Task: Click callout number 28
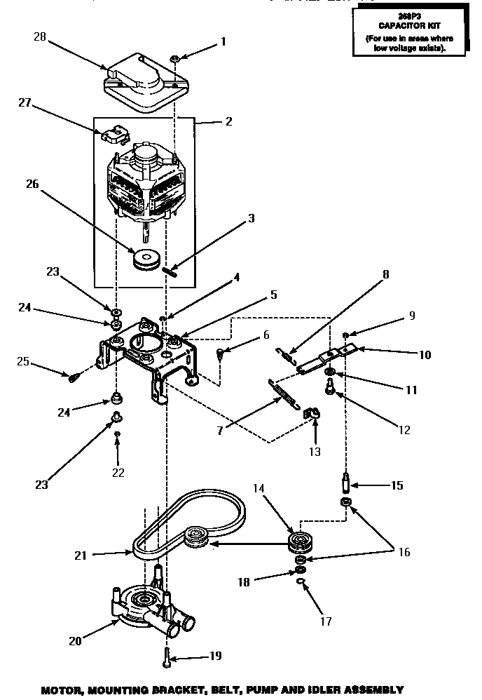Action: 40,38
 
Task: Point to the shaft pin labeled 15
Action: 346,484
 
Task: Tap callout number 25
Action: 24,361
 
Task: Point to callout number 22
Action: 118,472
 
